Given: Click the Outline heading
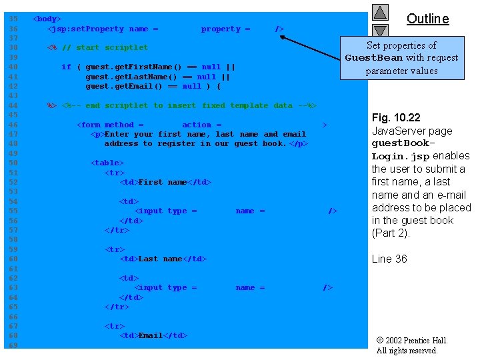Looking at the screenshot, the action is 427,19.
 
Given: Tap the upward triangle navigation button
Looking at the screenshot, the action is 380,12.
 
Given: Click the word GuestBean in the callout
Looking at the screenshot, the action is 374,58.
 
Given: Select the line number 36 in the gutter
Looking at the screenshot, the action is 13,29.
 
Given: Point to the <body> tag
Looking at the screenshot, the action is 47,19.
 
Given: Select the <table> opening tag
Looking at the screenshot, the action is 107,163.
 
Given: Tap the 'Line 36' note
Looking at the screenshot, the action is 389,259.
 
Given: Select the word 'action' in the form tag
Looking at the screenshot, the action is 197,125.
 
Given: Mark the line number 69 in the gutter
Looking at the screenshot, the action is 13,345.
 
